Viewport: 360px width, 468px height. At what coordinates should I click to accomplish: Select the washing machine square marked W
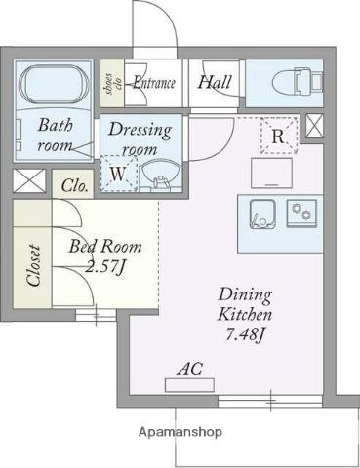click(119, 174)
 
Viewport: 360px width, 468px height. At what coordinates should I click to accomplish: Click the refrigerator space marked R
click(279, 136)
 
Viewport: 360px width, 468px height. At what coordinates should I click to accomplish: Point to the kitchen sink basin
click(262, 214)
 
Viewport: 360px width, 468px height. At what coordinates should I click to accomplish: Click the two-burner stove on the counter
click(301, 213)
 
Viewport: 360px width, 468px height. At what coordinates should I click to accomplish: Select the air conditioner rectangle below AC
click(189, 385)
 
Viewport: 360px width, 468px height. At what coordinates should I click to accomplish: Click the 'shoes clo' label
click(112, 84)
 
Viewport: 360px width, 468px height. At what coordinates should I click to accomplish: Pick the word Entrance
click(154, 83)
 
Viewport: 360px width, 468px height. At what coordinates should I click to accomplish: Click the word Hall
click(215, 82)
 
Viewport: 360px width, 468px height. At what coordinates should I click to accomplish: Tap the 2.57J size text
click(105, 266)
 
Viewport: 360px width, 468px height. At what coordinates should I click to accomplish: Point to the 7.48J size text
click(244, 334)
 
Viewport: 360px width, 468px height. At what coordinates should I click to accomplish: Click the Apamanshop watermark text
click(180, 432)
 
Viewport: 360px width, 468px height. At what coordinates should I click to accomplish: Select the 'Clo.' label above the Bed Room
click(75, 186)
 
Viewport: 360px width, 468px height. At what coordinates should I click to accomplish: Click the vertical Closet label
click(34, 266)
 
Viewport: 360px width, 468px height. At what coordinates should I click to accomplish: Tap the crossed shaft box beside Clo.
click(29, 180)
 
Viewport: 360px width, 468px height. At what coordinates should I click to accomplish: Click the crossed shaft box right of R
click(315, 126)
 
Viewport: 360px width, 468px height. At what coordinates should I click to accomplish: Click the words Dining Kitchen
click(245, 304)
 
